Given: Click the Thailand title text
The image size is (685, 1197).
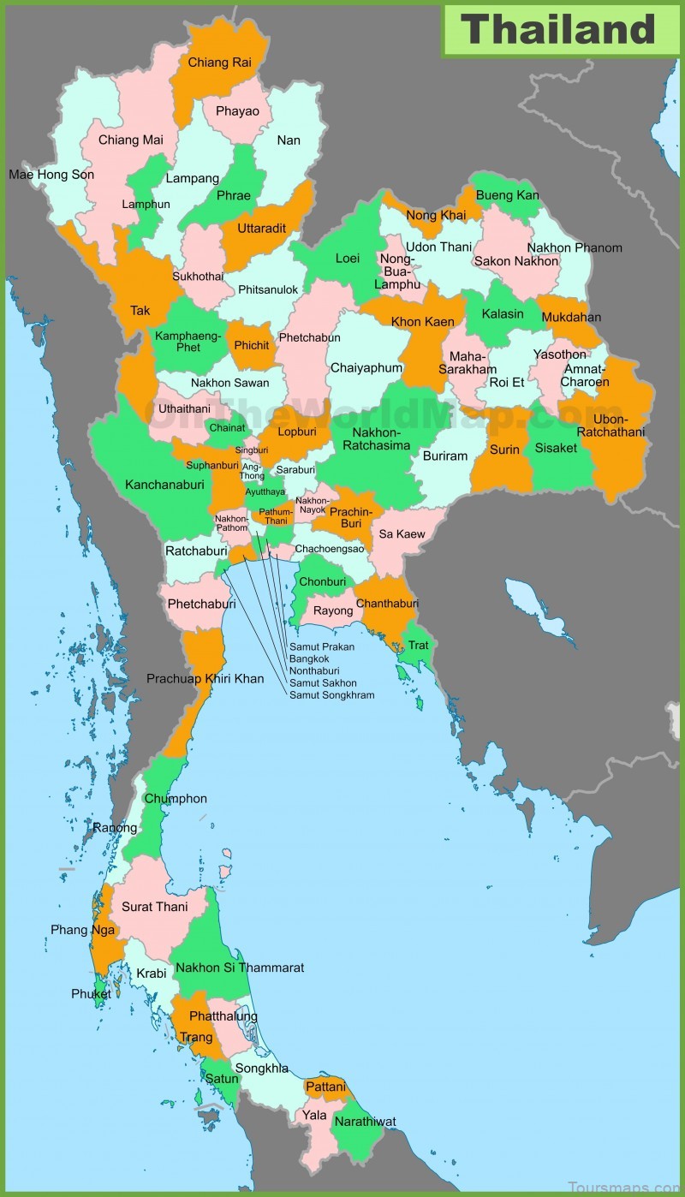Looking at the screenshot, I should click(559, 29).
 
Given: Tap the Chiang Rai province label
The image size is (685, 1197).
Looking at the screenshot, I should click(219, 62).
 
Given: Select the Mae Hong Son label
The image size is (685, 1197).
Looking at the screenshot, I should click(51, 175).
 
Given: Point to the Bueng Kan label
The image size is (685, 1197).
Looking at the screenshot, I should click(507, 195).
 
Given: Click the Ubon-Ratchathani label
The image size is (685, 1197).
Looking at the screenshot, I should click(611, 426).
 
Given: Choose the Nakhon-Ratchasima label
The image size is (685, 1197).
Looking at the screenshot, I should click(376, 439).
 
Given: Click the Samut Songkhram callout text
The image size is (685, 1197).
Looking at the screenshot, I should click(331, 694).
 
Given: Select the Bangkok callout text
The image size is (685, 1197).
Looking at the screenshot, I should click(309, 658).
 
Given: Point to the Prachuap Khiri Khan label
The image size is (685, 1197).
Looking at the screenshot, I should click(205, 678).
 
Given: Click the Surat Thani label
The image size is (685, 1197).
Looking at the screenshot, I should click(154, 907).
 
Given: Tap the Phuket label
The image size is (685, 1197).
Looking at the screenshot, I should click(91, 994).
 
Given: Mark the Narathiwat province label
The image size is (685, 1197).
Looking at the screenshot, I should click(365, 1121).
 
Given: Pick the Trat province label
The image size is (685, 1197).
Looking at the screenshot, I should click(418, 645).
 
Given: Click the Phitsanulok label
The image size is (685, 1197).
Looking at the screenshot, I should click(268, 289).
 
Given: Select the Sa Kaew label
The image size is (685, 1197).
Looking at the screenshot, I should click(402, 533).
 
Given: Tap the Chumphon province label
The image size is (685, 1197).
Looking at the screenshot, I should click(176, 798).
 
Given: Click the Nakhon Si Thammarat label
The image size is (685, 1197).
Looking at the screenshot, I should click(240, 968).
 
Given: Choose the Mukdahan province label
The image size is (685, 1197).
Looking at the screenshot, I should click(571, 317).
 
